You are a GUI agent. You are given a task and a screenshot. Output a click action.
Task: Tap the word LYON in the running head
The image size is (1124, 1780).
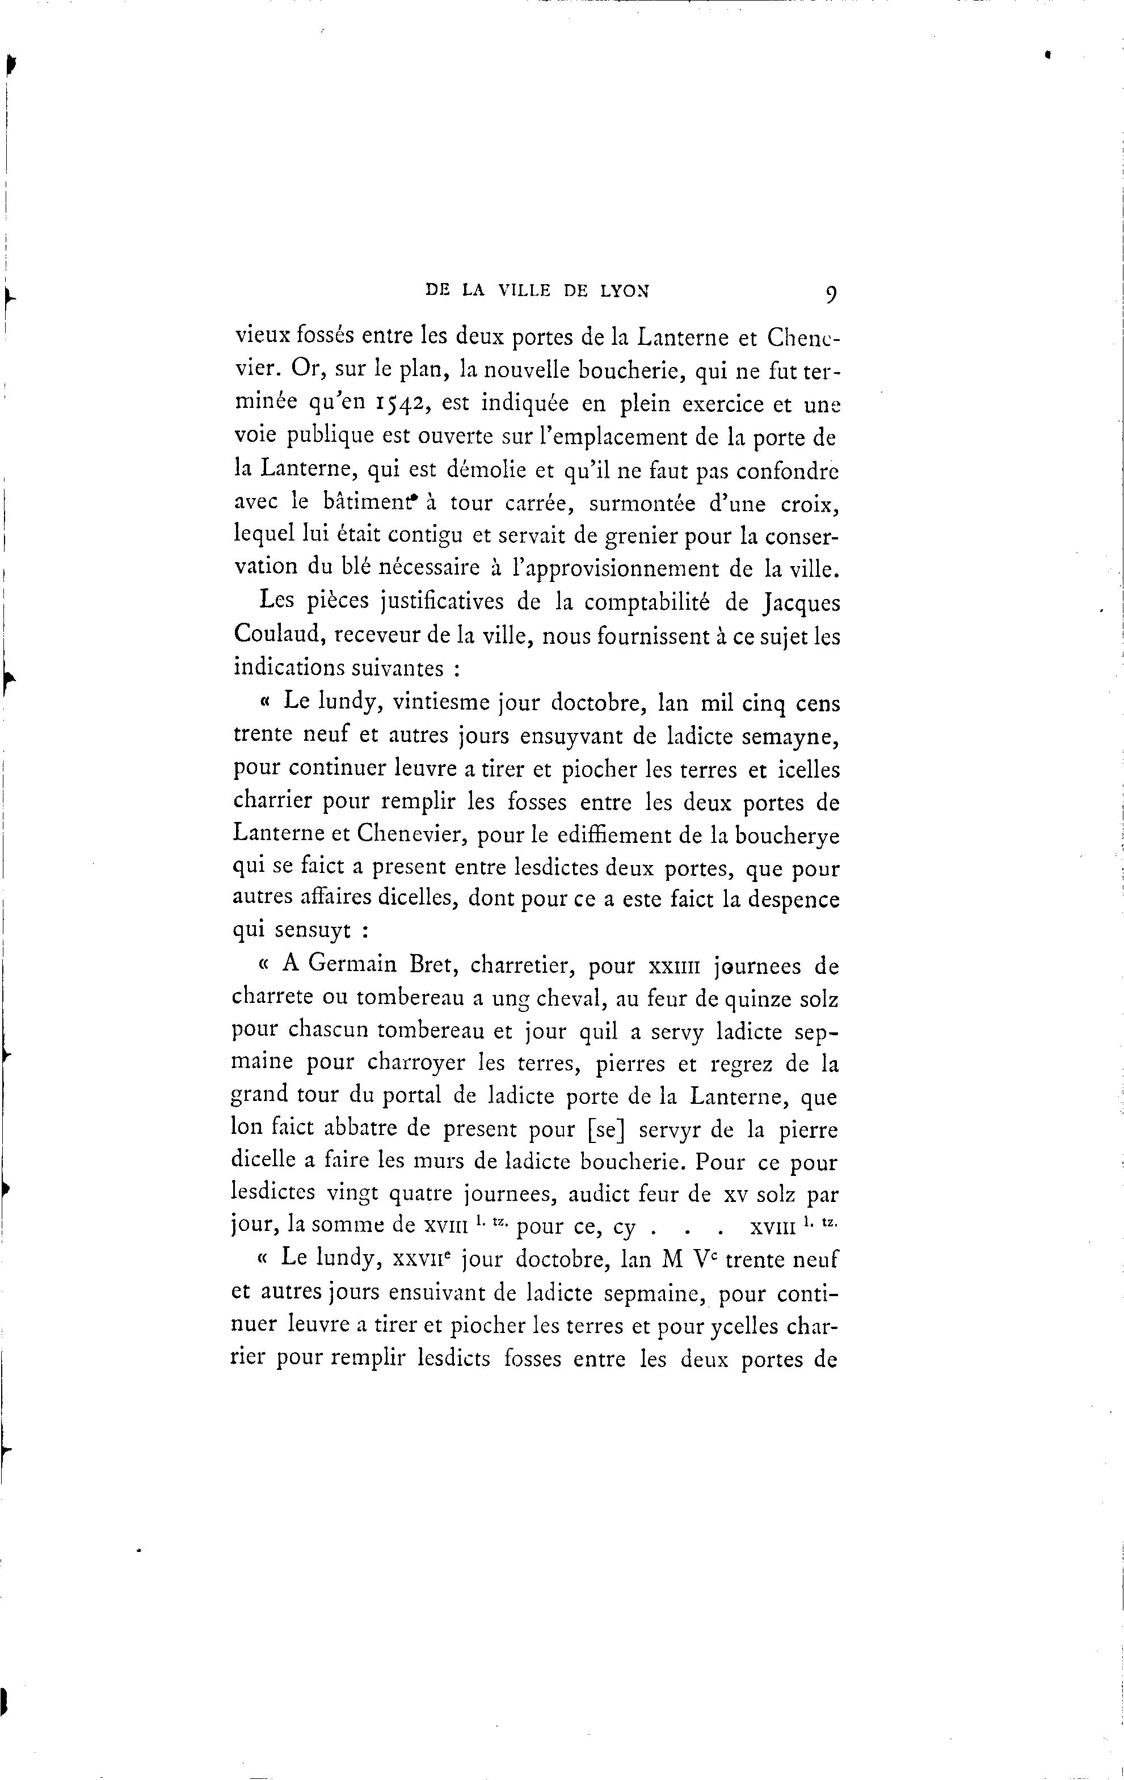pyautogui.click(x=625, y=291)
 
